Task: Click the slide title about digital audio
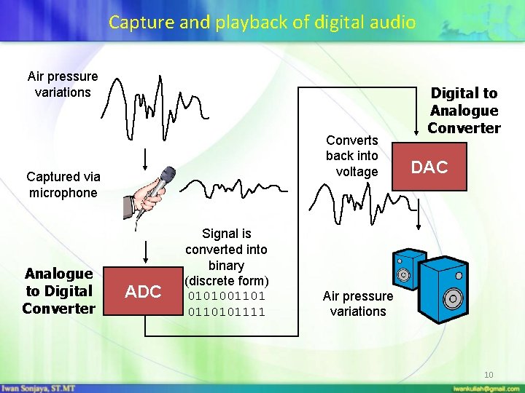click(262, 22)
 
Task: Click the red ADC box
click(143, 292)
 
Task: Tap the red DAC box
click(429, 167)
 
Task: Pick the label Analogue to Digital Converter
click(58, 291)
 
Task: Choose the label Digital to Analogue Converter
click(464, 111)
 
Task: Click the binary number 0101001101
click(227, 297)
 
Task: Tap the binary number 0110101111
click(227, 312)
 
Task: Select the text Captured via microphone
click(63, 185)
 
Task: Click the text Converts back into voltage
click(352, 156)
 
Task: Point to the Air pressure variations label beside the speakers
click(357, 303)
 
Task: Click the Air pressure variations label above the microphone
click(63, 84)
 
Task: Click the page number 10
click(489, 375)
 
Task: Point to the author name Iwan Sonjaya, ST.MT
click(36, 388)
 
